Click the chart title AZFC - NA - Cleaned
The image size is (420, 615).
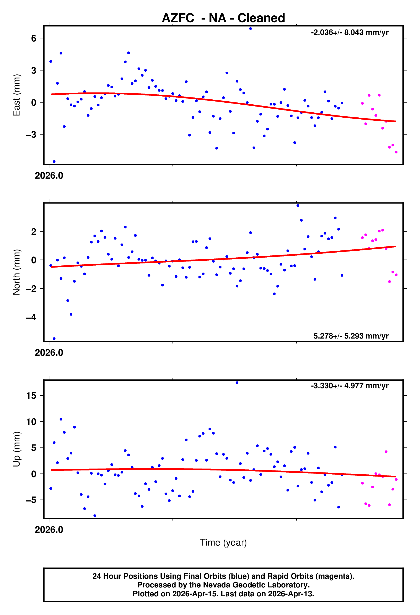point(223,18)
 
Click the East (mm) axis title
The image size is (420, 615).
point(16,95)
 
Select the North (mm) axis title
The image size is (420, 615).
point(16,272)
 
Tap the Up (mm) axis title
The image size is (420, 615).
point(16,449)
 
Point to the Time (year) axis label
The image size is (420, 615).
point(223,543)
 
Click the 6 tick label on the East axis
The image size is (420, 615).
point(34,38)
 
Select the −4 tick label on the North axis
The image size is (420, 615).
point(31,317)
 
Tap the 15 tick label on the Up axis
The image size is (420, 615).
point(31,396)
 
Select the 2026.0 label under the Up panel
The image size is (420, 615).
point(49,529)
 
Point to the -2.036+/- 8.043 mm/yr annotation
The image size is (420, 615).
point(350,33)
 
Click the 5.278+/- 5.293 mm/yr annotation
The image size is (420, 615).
point(351,336)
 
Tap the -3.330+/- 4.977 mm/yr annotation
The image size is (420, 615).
point(350,386)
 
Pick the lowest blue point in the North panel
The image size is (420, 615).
point(54,339)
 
